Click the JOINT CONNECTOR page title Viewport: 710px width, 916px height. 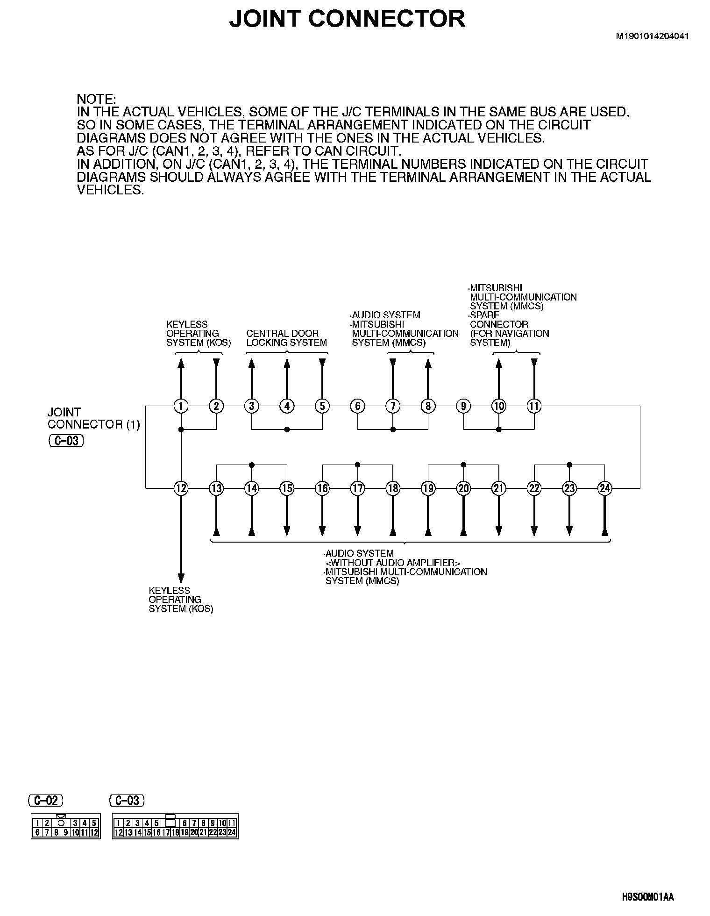pyautogui.click(x=347, y=19)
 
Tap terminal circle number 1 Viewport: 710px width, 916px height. pyautogui.click(x=181, y=406)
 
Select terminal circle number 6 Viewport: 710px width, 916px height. pyautogui.click(x=357, y=406)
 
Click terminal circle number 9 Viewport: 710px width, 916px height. pyautogui.click(x=463, y=406)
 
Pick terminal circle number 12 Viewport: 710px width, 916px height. pyautogui.click(x=181, y=488)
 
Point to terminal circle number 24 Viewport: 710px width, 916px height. pyautogui.click(x=604, y=488)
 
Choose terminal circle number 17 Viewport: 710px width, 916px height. pyautogui.click(x=357, y=488)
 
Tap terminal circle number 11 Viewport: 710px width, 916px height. pyautogui.click(x=534, y=406)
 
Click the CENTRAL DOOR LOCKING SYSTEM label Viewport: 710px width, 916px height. pyautogui.click(x=286, y=338)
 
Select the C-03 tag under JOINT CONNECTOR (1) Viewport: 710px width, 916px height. pyautogui.click(x=66, y=441)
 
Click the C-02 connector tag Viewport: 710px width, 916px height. pyautogui.click(x=46, y=801)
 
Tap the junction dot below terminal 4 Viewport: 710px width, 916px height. pyautogui.click(x=287, y=429)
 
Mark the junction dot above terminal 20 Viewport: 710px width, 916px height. pyautogui.click(x=463, y=465)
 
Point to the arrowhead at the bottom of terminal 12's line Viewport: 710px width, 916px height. pyautogui.click(x=181, y=578)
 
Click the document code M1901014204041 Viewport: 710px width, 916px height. pyautogui.click(x=652, y=36)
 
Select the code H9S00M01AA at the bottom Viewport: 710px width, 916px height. pyautogui.click(x=648, y=898)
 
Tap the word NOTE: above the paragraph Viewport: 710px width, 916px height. pyautogui.click(x=96, y=99)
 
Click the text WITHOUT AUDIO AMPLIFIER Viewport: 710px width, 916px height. pyautogui.click(x=393, y=563)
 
